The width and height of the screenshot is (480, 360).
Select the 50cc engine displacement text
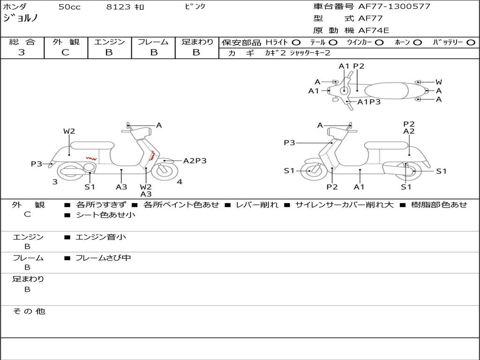[x=69, y=7]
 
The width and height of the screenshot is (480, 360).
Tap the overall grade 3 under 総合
[x=22, y=52]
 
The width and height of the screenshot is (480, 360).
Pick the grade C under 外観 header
[x=65, y=52]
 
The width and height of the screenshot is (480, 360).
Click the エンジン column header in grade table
[x=109, y=42]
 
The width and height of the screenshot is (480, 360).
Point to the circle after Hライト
[x=296, y=42]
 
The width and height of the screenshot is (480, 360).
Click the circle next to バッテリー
[x=471, y=42]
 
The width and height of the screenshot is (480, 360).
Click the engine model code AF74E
[x=374, y=30]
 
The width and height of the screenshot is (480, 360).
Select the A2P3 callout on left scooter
[x=195, y=161]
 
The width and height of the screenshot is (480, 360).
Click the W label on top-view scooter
[x=439, y=82]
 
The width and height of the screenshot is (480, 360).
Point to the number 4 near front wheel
[x=180, y=182]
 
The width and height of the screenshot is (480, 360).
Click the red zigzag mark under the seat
[x=91, y=158]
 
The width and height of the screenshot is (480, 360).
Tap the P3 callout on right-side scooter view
[x=289, y=142]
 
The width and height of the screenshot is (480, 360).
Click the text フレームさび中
[x=103, y=258]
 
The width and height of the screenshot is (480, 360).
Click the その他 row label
[x=29, y=311]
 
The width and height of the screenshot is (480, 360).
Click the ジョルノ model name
[x=21, y=18]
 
